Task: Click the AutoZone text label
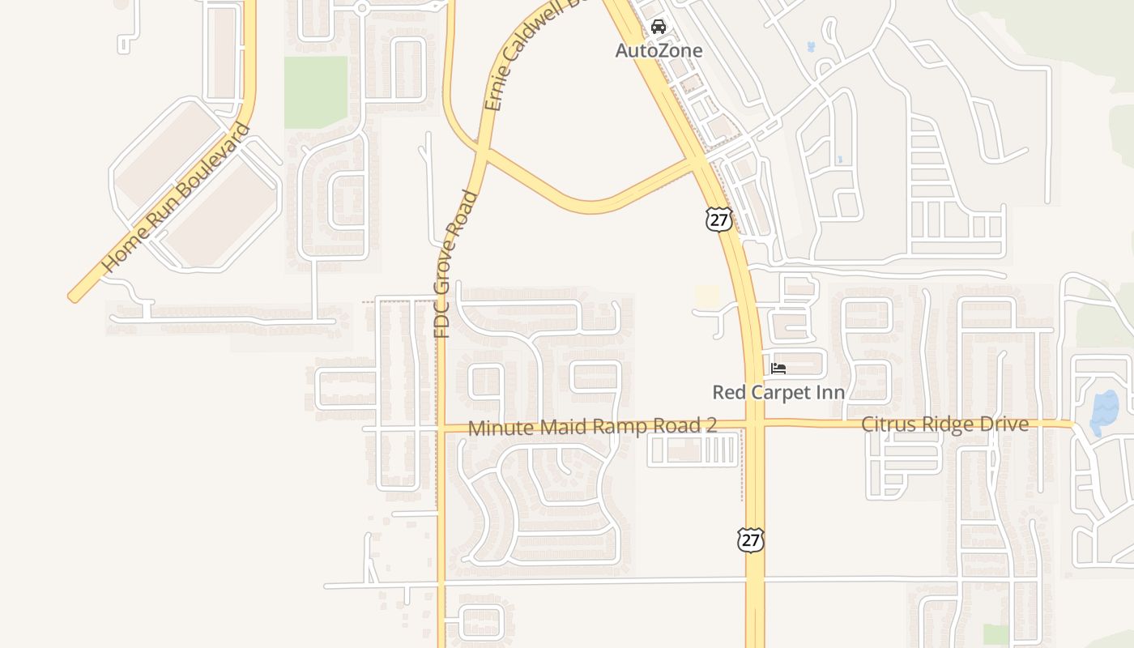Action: pyautogui.click(x=659, y=50)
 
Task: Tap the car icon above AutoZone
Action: pyautogui.click(x=659, y=27)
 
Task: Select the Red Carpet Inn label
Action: pyautogui.click(x=778, y=393)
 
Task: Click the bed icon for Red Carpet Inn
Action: pyautogui.click(x=778, y=369)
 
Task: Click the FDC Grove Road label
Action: pyautogui.click(x=454, y=264)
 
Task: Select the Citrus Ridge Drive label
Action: pyautogui.click(x=944, y=424)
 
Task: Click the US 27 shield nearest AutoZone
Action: pyautogui.click(x=718, y=219)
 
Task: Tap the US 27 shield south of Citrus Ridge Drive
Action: pyautogui.click(x=751, y=539)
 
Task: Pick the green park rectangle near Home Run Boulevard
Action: pyautogui.click(x=315, y=92)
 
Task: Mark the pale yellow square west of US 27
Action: pyautogui.click(x=707, y=296)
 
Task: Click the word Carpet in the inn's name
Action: pyautogui.click(x=783, y=393)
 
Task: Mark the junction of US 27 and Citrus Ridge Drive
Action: pyautogui.click(x=754, y=423)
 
